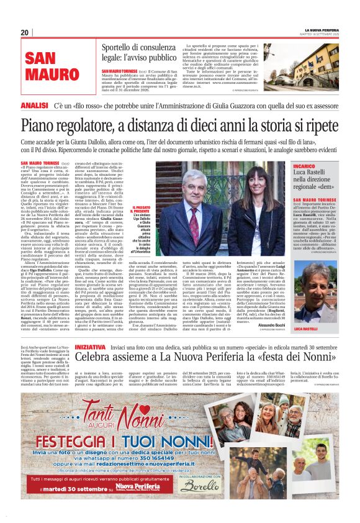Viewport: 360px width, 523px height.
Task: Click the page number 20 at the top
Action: coord(25,32)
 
